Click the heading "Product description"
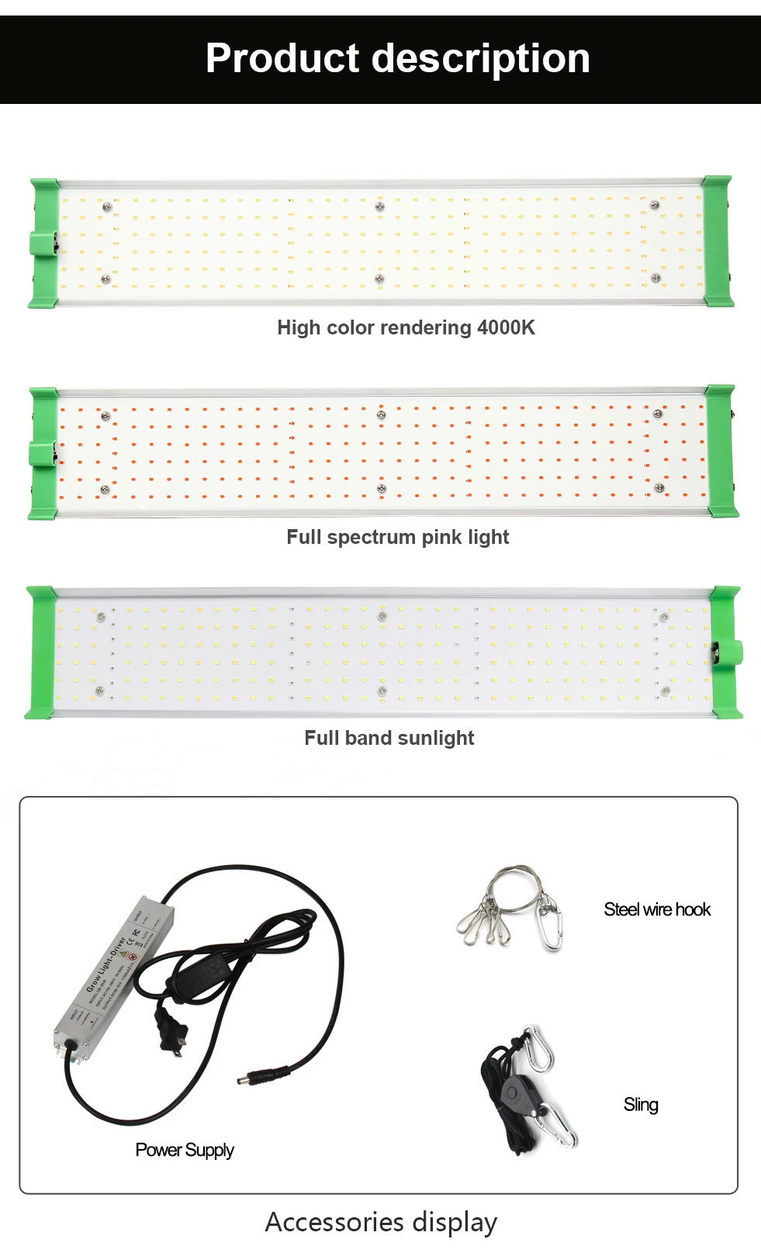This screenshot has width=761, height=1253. point(397,59)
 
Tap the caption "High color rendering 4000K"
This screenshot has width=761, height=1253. point(406,327)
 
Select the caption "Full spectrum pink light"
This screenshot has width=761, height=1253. point(397,537)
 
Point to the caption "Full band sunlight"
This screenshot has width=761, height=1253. point(389,738)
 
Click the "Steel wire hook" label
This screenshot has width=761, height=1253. point(657,909)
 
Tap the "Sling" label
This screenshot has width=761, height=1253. point(641,1105)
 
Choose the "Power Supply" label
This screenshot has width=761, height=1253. point(185,1150)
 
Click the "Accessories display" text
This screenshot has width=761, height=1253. point(381,1222)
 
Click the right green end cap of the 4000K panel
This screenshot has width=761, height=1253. point(718,241)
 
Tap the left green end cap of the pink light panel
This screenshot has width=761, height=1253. point(43,453)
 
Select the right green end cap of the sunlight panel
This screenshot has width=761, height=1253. point(726,652)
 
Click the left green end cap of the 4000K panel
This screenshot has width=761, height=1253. point(45,243)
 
